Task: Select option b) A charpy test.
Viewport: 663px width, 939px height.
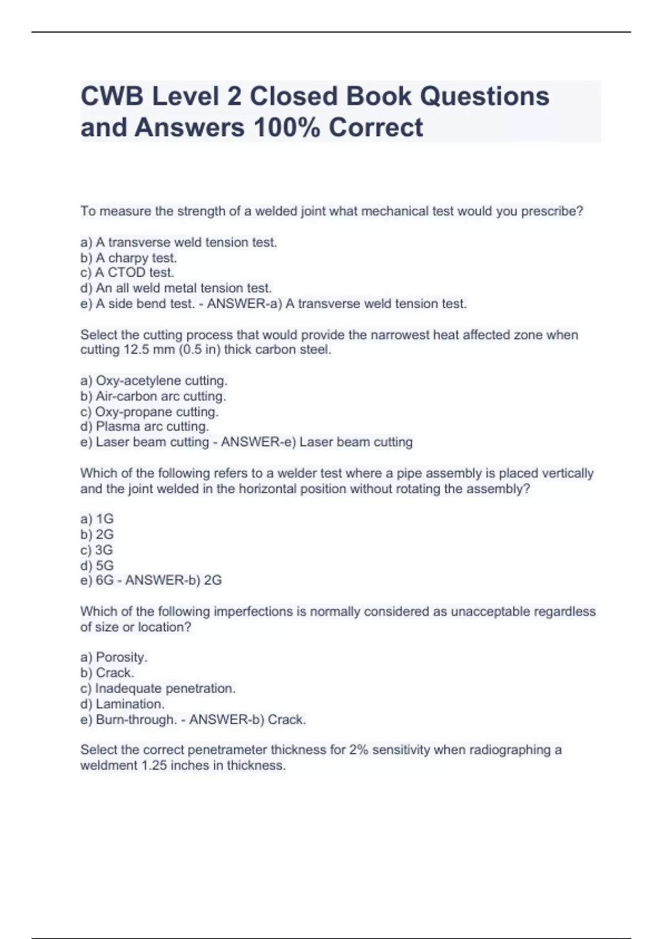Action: (x=129, y=258)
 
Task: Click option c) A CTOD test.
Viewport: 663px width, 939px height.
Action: (x=128, y=273)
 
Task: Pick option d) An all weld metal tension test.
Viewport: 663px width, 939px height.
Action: (x=176, y=288)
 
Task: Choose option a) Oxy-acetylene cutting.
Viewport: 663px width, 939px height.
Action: (x=154, y=381)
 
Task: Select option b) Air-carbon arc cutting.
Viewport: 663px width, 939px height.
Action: (x=153, y=397)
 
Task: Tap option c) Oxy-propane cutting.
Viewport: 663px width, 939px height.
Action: (x=150, y=412)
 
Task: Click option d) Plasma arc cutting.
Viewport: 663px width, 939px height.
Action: (x=145, y=427)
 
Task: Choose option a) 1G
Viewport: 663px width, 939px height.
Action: (x=97, y=519)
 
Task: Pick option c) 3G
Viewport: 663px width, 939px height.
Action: (x=97, y=550)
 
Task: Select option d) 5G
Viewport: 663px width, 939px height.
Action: (x=97, y=566)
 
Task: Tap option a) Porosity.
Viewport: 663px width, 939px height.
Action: (x=114, y=657)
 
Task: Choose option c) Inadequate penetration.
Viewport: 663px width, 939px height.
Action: (x=158, y=689)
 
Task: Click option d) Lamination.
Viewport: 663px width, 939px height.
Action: (x=123, y=704)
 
